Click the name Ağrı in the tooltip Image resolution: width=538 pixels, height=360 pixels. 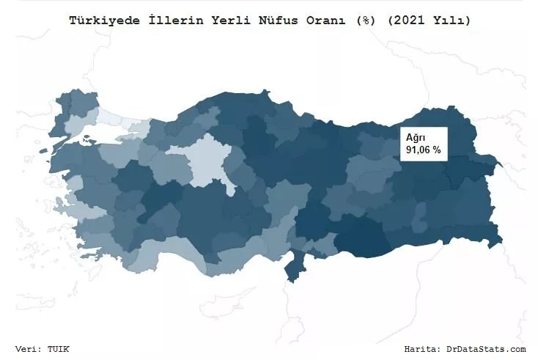[x=415, y=137]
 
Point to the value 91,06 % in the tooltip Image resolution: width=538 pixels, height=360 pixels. [x=423, y=150]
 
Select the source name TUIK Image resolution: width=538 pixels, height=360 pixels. [x=62, y=349]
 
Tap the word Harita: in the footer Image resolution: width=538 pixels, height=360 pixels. [x=426, y=349]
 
